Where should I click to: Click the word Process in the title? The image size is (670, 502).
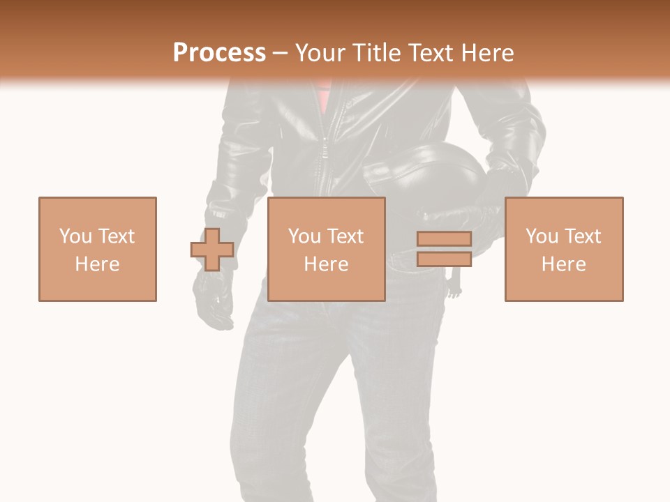pos(219,53)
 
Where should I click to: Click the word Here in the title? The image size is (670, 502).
pos(489,53)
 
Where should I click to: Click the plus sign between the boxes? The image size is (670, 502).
pos(212,250)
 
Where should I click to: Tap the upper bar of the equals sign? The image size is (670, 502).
pos(444,238)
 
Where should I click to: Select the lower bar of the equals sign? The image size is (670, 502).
pos(444,259)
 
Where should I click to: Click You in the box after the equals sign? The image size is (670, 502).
pos(542,236)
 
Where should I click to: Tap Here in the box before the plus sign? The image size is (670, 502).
pos(97,264)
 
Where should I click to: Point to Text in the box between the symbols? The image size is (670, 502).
pos(345,236)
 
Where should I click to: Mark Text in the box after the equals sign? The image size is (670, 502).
pos(583,236)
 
